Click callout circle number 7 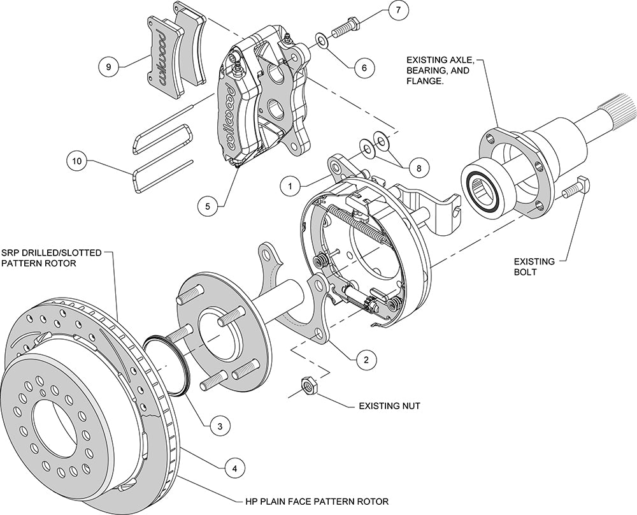coord(398,12)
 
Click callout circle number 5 coord(206,206)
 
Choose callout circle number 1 coord(291,187)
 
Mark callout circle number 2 coord(366,359)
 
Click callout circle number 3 coord(219,424)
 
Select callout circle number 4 coord(234,468)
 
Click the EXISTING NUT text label coord(390,405)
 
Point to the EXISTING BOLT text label coord(535,266)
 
